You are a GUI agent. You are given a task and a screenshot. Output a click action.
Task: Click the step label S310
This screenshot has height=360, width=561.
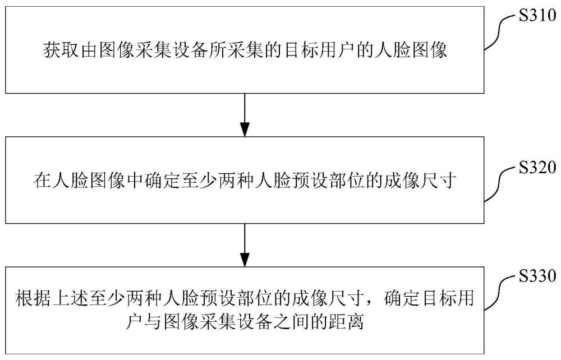537,16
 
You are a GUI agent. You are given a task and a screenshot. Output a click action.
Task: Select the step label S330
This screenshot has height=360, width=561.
537,276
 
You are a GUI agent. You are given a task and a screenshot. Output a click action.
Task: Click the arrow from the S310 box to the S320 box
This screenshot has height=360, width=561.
245,115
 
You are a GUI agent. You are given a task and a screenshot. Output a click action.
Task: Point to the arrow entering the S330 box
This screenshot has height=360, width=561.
245,245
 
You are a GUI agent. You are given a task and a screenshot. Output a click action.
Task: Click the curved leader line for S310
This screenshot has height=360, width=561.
501,32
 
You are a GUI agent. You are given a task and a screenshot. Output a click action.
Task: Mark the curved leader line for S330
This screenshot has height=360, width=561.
501,292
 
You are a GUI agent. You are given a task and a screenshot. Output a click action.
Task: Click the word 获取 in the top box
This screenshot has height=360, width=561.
61,50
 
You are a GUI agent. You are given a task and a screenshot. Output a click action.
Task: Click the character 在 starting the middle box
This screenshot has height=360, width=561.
42,180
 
